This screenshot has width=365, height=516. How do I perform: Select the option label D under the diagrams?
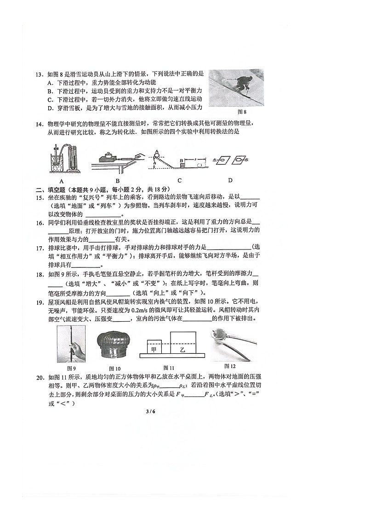click(230, 180)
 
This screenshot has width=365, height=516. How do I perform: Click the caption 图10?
click(114, 368)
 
